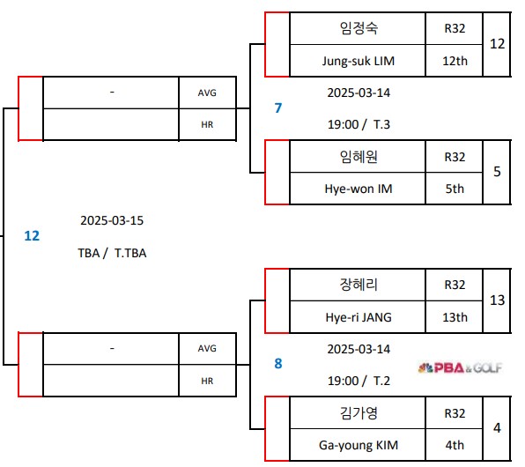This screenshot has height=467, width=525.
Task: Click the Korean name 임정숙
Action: tap(358, 28)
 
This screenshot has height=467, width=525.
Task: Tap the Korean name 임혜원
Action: tap(358, 156)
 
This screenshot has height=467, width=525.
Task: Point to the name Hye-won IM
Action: tap(358, 189)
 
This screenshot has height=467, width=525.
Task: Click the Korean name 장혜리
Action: tap(358, 285)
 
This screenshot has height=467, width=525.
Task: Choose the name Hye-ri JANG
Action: tap(358, 317)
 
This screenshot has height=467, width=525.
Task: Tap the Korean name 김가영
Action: tap(358, 413)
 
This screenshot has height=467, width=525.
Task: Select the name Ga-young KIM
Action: tap(358, 445)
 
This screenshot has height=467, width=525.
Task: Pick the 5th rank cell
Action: tap(455, 189)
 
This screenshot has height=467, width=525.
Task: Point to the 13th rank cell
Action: tap(455, 317)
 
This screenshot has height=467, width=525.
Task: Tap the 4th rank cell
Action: tap(455, 445)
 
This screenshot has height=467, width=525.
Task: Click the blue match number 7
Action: tap(278, 107)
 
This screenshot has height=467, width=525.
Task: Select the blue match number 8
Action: tap(278, 362)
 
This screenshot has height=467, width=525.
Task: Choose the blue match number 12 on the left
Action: tap(32, 235)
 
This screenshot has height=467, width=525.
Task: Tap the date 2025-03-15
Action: tap(112, 220)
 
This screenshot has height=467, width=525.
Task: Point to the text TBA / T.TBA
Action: tap(112, 253)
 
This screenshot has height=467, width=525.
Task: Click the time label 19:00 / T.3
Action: tap(358, 124)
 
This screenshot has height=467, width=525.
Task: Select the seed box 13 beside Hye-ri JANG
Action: tap(497, 300)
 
